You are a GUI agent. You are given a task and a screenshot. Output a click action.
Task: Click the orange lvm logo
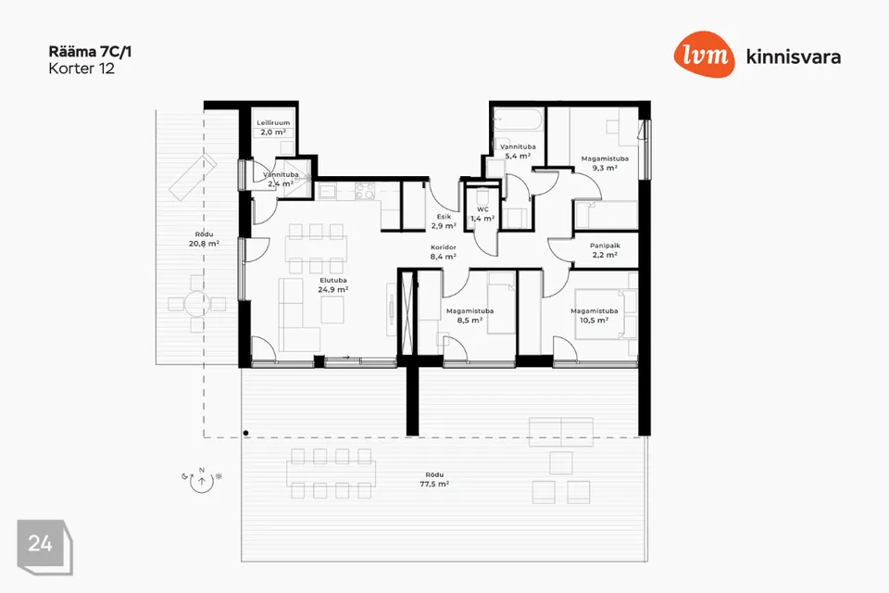tap(704, 55)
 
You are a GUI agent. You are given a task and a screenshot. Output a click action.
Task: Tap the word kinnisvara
tap(794, 57)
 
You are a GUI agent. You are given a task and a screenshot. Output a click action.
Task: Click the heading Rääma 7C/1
tap(90, 52)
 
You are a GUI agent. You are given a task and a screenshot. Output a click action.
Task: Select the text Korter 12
tap(81, 69)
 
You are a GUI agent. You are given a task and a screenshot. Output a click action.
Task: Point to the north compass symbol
tap(202, 480)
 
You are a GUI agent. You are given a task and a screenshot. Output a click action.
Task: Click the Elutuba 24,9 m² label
tap(332, 284)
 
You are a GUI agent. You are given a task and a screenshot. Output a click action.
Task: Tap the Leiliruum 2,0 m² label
tap(273, 127)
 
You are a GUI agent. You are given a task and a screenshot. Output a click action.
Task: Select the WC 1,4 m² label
tap(482, 214)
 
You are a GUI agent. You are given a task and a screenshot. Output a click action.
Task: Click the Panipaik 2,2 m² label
tap(605, 250)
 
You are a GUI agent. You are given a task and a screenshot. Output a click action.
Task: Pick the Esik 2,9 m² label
tap(444, 221)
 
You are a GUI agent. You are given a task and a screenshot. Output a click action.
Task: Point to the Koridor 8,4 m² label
tap(444, 252)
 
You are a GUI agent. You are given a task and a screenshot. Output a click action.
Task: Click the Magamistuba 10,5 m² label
tap(595, 316)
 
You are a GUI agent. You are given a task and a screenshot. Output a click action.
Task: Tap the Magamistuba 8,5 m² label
tap(470, 316)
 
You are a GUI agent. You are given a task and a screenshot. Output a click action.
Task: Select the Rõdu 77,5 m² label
tap(434, 480)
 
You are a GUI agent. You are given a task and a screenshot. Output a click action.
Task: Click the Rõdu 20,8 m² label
tap(204, 239)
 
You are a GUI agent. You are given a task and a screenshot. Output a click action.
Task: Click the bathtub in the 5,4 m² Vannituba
tap(518, 120)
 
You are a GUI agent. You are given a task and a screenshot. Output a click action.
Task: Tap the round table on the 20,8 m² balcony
tap(196, 304)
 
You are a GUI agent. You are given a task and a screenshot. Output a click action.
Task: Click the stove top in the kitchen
tap(365, 191)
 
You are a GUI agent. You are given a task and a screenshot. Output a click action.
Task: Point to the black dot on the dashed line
tap(245, 433)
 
